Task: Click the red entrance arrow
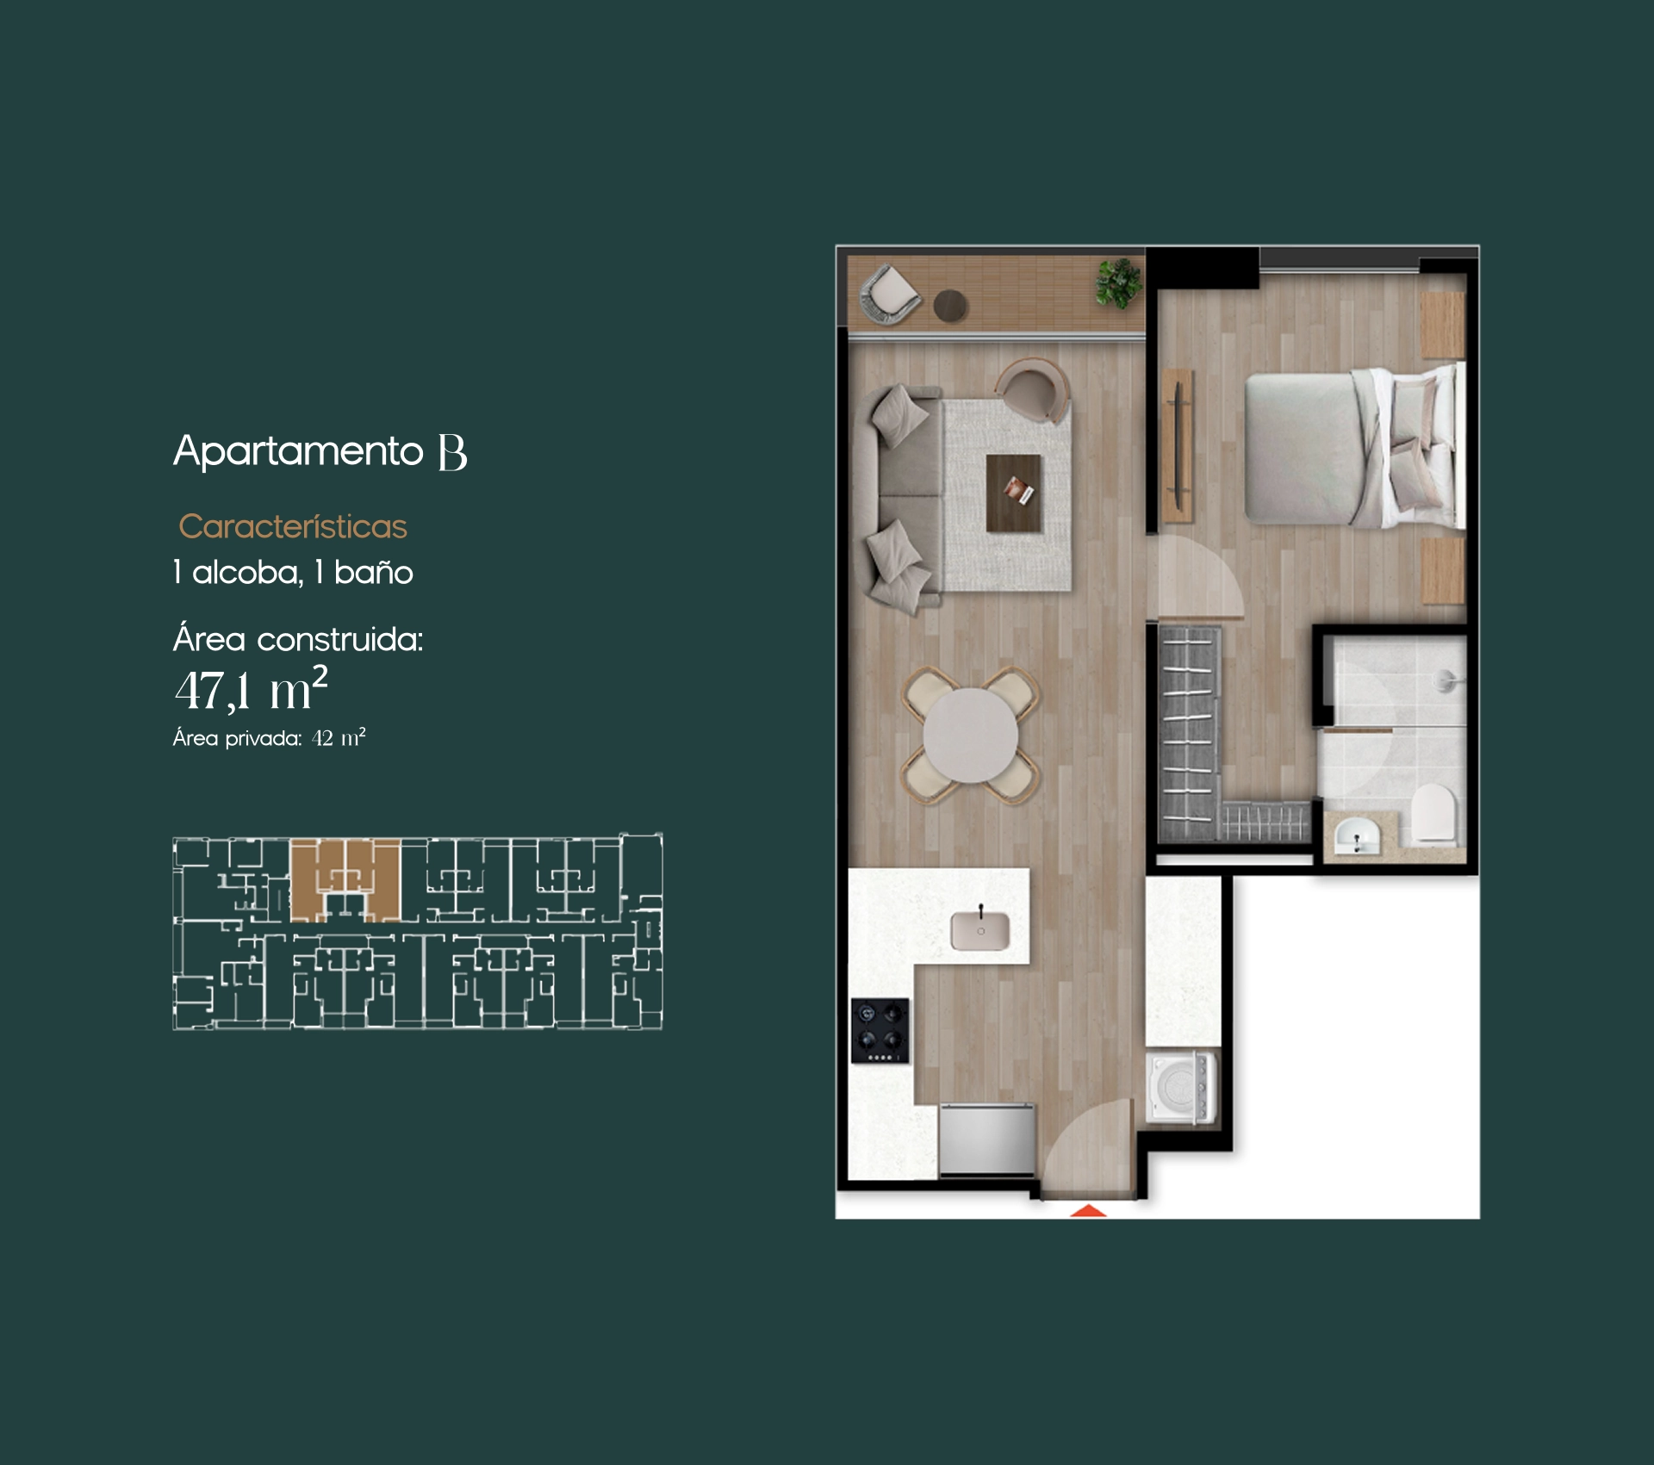tap(1089, 1210)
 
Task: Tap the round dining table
tap(971, 736)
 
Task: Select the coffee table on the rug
tap(1014, 494)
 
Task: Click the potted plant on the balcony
tap(1118, 282)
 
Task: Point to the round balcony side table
tap(951, 305)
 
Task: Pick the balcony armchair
tap(890, 295)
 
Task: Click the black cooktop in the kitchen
tap(880, 1031)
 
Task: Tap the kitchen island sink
tap(980, 930)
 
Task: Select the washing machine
tap(1182, 1087)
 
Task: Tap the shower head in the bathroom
tap(1447, 680)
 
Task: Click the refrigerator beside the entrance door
tap(987, 1139)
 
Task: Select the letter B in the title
tap(452, 452)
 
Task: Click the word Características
tap(293, 526)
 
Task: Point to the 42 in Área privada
tap(322, 738)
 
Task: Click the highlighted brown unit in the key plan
tap(345, 878)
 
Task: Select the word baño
tap(374, 572)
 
